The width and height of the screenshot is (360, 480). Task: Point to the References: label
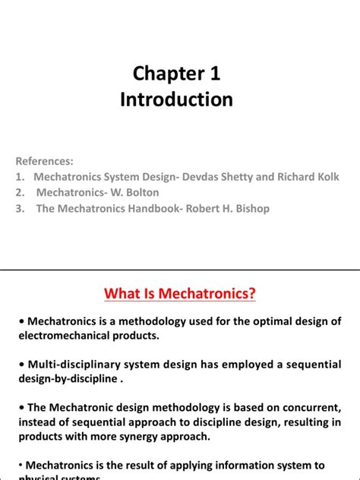pyautogui.click(x=45, y=161)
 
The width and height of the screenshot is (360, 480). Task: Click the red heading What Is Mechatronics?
pyautogui.click(x=179, y=292)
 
